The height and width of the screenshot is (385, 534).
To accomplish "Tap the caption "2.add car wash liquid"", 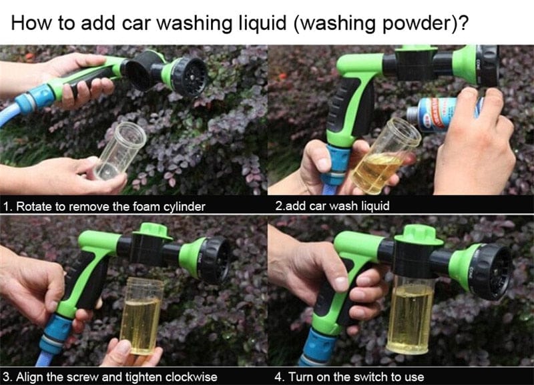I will [332, 206].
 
